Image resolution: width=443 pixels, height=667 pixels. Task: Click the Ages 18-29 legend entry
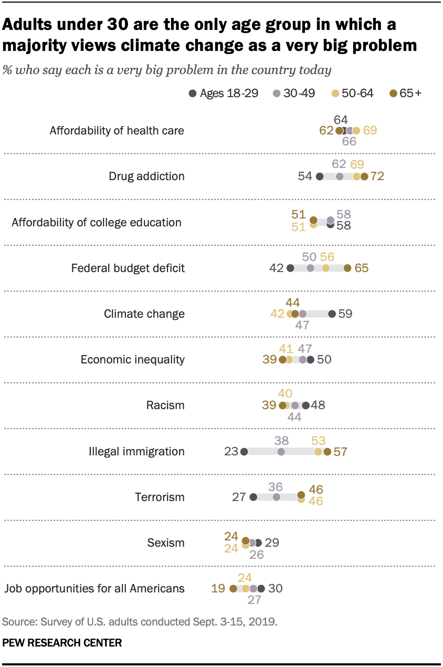tap(223, 93)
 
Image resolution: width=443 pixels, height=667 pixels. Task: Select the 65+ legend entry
tap(407, 93)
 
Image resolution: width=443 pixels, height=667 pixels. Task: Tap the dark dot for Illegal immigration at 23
tap(244, 451)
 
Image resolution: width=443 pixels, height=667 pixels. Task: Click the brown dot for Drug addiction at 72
tap(364, 176)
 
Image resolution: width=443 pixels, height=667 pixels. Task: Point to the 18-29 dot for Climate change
tap(332, 314)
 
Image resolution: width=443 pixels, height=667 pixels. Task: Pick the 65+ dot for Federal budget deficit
tap(347, 268)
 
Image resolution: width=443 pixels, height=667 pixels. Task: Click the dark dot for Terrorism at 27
tap(254, 497)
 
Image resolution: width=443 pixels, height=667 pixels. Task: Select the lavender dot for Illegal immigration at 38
tap(281, 451)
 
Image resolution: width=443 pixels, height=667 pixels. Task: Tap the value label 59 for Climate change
tap(345, 314)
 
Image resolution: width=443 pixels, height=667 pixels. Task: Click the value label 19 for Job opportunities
tap(218, 588)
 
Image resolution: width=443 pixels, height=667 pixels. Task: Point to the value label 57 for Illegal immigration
tap(341, 451)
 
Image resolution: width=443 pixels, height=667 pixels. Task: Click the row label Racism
tap(165, 405)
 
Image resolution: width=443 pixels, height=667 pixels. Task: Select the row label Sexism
tap(166, 543)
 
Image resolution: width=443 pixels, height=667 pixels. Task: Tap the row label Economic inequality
tap(132, 360)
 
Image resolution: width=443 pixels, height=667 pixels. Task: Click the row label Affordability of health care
tap(117, 131)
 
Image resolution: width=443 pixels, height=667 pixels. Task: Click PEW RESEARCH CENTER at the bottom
tap(62, 642)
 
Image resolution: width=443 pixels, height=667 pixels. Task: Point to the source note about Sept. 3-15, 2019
tap(140, 622)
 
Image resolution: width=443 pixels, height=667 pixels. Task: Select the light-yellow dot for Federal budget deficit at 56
tap(325, 268)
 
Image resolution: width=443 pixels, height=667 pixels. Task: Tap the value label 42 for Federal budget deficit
tap(276, 268)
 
